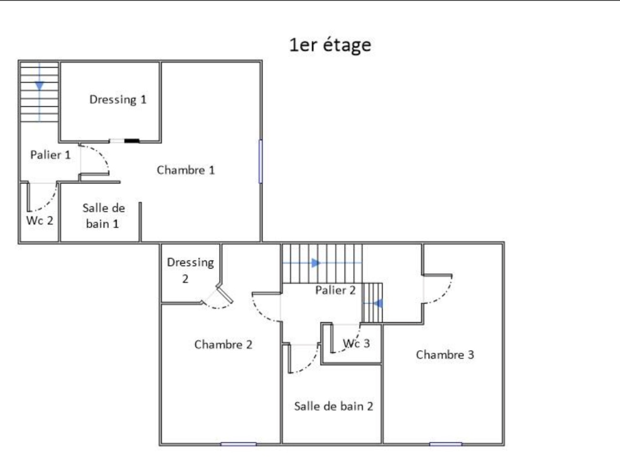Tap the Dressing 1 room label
click(118, 100)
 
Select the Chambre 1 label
click(186, 170)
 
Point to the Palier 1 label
click(50, 155)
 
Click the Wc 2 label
click(40, 221)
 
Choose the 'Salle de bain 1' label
click(104, 216)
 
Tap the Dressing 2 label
click(190, 270)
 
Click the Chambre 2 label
click(223, 344)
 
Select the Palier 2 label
click(335, 290)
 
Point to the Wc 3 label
click(356, 344)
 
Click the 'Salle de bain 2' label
click(334, 406)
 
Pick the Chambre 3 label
click(445, 355)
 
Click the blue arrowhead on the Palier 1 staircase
click(40, 86)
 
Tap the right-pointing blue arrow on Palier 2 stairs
click(316, 263)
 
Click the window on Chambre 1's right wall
click(260, 161)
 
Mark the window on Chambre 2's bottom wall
click(239, 444)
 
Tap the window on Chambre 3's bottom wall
click(446, 444)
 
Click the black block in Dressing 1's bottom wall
click(132, 141)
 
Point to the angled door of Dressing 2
click(225, 294)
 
